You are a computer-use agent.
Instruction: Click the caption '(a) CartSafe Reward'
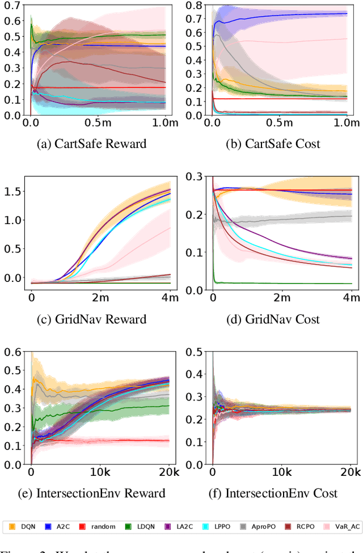[91, 144]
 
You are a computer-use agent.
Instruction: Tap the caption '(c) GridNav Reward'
[92, 319]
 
